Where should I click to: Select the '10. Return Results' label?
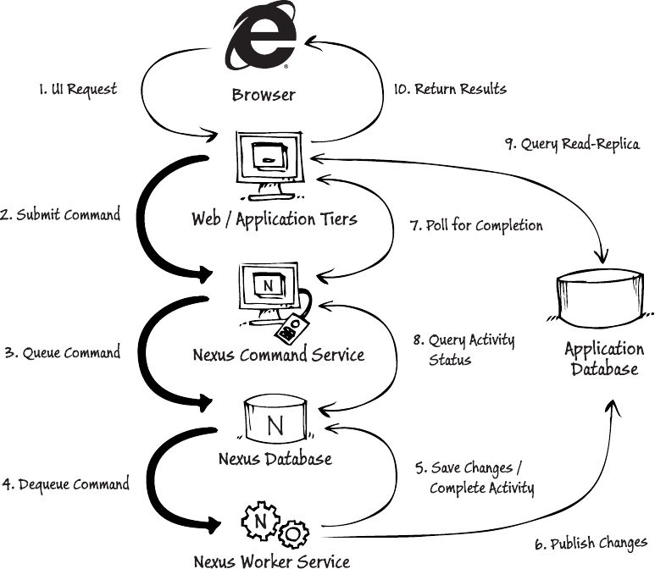451,88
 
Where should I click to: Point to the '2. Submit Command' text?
60,214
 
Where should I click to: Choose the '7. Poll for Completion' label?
475,225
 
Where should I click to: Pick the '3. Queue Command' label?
62,353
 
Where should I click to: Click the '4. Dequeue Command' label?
65,484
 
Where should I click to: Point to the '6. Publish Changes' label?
590,543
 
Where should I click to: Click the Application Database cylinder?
603,296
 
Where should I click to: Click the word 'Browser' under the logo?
264,94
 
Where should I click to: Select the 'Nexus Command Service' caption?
279,354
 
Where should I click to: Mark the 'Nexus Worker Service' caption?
271,560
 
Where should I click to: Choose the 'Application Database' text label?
603,358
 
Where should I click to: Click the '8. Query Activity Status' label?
463,349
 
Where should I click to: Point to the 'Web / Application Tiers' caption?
274,220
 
